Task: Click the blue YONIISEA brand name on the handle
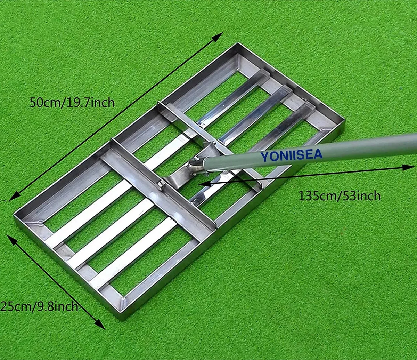(x=291, y=155)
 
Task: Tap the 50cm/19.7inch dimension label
(x=72, y=102)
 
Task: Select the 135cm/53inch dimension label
(x=339, y=196)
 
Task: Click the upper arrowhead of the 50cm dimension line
(x=218, y=37)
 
